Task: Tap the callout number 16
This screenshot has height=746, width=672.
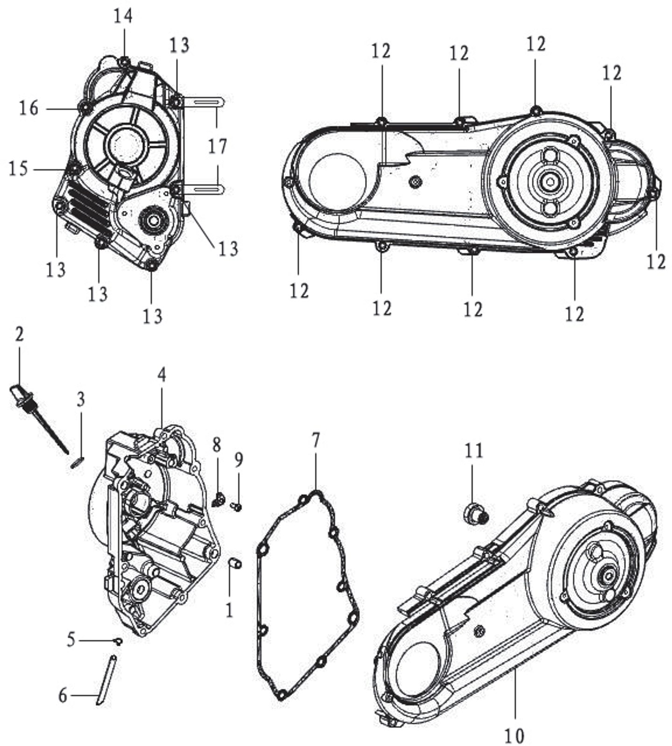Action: (28, 108)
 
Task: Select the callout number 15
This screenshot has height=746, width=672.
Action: (19, 168)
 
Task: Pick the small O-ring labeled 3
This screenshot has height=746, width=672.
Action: (79, 462)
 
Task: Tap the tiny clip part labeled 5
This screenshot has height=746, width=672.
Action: (119, 642)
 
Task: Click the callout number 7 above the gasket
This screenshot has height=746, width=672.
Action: (315, 440)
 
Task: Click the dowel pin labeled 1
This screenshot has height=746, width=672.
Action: (235, 564)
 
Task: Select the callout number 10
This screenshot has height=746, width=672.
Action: (514, 735)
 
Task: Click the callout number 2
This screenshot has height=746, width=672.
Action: (19, 334)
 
